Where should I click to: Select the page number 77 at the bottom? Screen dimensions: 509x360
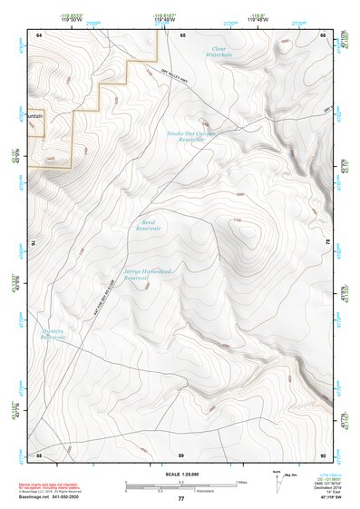tap(180, 499)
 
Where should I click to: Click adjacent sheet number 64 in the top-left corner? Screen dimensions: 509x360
tap(39, 34)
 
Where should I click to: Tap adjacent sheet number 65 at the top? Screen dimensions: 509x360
tap(181, 34)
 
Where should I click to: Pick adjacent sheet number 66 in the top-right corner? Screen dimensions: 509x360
tap(322, 34)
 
